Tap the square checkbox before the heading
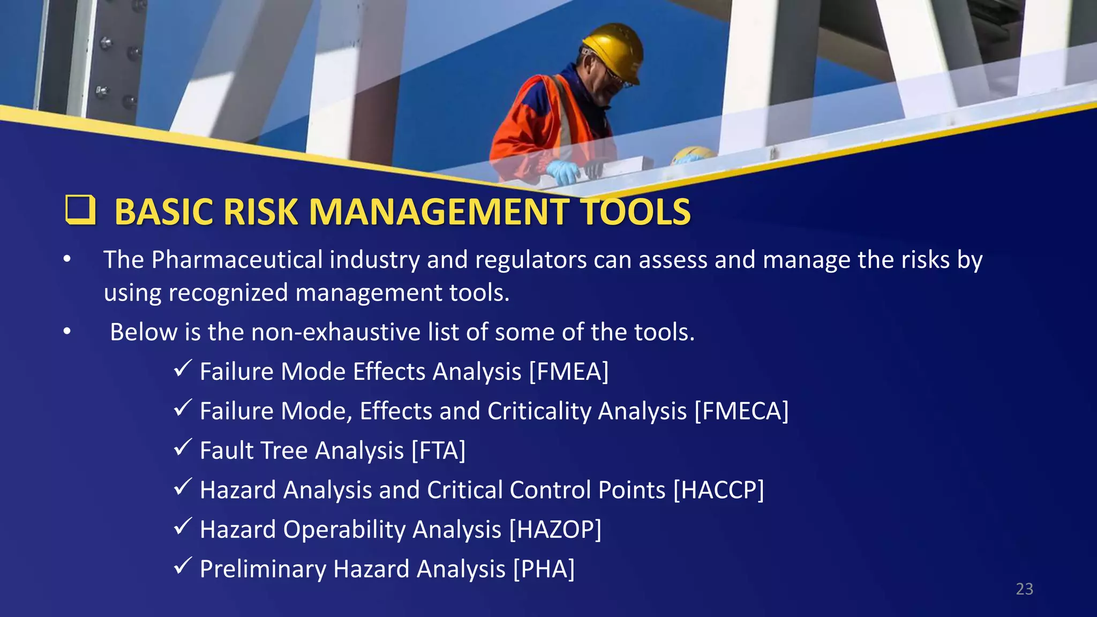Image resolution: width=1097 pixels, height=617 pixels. click(x=80, y=209)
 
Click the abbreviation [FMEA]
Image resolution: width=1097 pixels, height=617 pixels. click(x=569, y=372)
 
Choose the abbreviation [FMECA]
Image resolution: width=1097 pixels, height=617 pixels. click(x=741, y=411)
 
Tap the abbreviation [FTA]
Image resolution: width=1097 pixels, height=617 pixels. click(x=438, y=450)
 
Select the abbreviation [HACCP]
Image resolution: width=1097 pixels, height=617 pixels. click(x=718, y=490)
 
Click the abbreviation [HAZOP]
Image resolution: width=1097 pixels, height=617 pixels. click(x=555, y=530)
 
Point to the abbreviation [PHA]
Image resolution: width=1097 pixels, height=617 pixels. click(x=544, y=569)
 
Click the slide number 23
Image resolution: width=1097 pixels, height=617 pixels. click(x=1024, y=589)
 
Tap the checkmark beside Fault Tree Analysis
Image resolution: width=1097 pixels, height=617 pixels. click(x=183, y=447)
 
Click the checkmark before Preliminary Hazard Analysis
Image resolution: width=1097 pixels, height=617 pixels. click(x=183, y=566)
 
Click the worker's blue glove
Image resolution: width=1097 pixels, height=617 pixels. click(x=563, y=171)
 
